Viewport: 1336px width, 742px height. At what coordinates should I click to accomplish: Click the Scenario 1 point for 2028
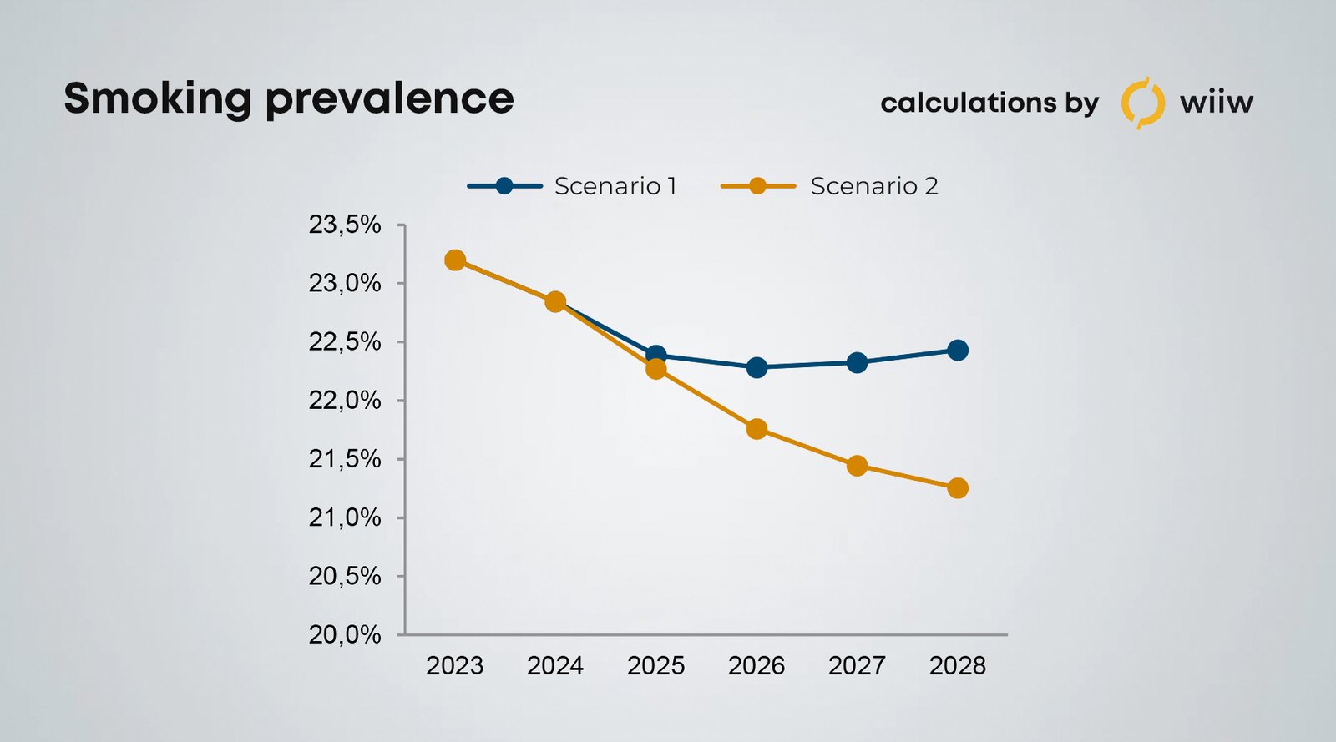958,350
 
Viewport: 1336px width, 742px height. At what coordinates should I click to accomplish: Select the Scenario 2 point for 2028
958,488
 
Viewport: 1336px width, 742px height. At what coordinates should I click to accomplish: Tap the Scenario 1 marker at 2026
757,367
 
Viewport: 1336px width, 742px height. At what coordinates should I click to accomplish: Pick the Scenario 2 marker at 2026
757,429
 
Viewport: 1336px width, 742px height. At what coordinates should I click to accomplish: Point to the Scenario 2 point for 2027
857,466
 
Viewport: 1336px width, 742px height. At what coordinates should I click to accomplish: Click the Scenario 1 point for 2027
857,362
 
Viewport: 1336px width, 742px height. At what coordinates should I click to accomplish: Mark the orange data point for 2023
455,260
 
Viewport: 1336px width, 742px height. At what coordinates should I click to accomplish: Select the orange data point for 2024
555,301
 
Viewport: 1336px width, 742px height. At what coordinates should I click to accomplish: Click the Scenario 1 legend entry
573,186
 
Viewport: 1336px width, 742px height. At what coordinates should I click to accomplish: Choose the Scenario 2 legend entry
829,186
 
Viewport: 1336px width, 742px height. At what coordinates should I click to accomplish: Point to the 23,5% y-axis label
345,225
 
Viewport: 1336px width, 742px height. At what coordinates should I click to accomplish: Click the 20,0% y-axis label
345,634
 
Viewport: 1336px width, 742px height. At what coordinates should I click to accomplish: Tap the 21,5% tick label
345,459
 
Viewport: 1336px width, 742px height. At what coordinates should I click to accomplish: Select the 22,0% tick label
345,401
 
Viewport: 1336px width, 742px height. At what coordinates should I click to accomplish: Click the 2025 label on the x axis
655,666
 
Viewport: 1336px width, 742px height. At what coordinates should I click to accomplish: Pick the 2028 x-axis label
958,666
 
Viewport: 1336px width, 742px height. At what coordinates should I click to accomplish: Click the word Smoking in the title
157,99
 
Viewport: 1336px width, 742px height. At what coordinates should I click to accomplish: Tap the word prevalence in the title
389,99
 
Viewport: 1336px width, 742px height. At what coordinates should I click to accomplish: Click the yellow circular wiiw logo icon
1142,103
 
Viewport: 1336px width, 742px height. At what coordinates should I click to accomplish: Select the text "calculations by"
989,103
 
